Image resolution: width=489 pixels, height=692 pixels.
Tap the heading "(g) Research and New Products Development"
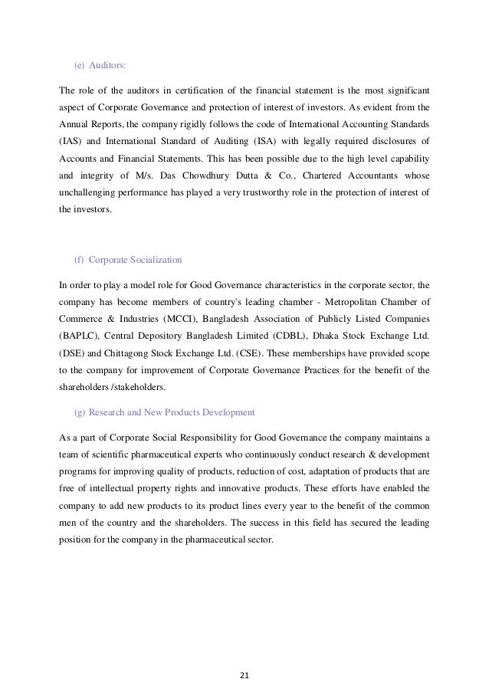coord(164,412)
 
